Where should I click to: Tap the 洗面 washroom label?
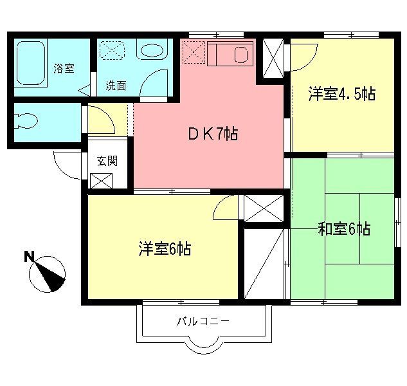pos(116,86)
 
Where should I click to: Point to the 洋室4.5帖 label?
pos(341,94)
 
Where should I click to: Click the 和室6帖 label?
pos(344,228)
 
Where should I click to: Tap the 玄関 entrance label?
pos(107,161)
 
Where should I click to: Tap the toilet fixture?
pos(28,120)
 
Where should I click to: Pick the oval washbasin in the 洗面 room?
pos(152,51)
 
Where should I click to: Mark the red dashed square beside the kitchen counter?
pos(194,52)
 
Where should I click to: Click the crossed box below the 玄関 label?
pos(101,181)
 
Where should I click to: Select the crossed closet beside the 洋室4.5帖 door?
pos(273,58)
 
